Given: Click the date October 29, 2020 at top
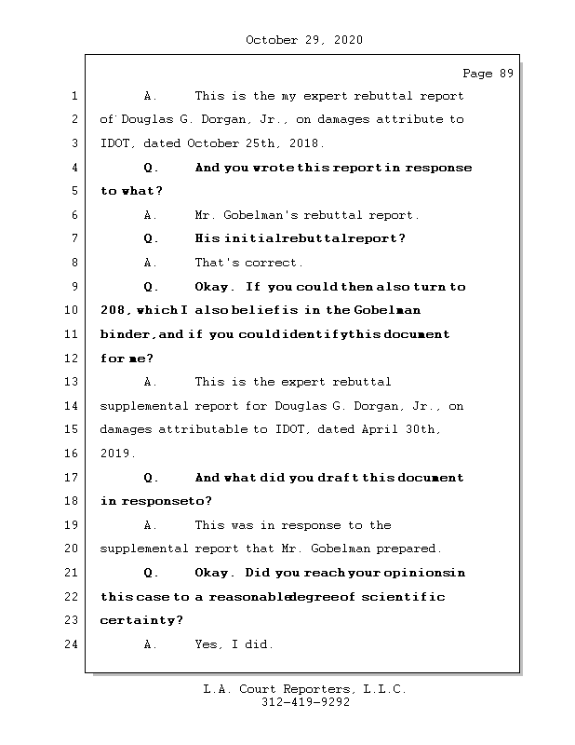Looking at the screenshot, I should [x=304, y=40].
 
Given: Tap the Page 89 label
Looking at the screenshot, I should [x=488, y=74].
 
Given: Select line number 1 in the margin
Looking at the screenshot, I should [x=73, y=96].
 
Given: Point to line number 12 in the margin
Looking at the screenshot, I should [x=73, y=359].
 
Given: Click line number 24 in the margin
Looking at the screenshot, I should [x=73, y=644].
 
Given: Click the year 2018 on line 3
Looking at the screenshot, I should [x=303, y=143].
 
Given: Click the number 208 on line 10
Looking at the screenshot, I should [x=113, y=310].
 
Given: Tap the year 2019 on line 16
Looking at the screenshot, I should [x=116, y=454].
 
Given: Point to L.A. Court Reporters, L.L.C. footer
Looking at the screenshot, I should [x=304, y=690].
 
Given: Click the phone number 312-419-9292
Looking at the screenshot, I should [x=306, y=704].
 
